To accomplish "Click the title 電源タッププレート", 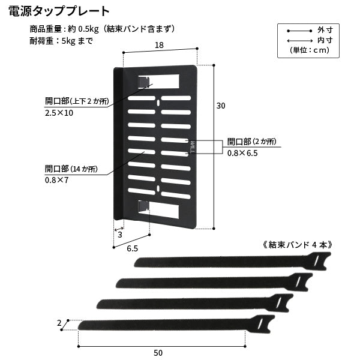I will pos(59,11).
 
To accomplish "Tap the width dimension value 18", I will pos(159,45).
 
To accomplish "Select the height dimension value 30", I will pos(221,106).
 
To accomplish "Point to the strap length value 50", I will pos(158,352).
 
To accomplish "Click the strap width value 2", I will pos(59,323).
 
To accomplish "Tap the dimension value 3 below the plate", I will pos(119,235).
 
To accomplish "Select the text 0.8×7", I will pos(56,179).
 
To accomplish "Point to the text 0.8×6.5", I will pos(242,153).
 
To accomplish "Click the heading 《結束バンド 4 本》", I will pos(298,245).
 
